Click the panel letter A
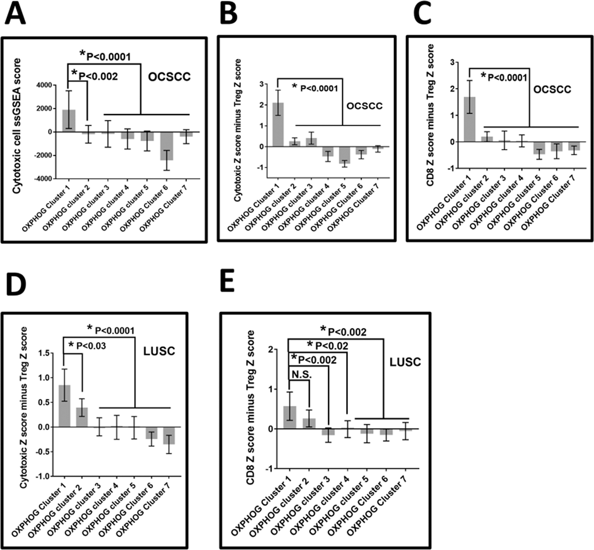15,15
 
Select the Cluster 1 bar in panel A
69,121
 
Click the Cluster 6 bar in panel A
167,146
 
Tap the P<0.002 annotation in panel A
98,77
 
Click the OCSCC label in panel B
364,106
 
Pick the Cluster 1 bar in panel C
469,120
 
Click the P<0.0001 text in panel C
507,78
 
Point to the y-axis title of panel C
430,115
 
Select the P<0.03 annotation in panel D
91,346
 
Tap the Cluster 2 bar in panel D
82,417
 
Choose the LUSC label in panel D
159,351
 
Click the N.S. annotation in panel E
302,374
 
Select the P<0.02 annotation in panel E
331,346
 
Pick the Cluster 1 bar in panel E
289,417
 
